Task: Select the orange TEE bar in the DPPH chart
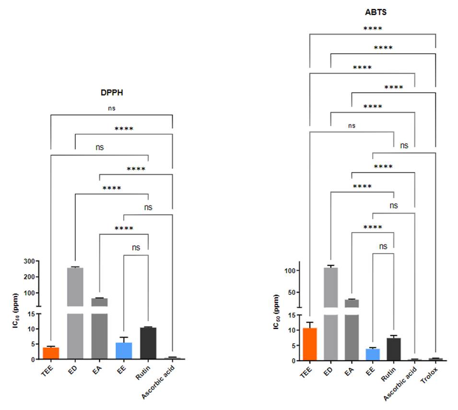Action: (x=50, y=353)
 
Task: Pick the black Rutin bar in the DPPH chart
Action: (x=148, y=343)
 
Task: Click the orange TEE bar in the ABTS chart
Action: (x=310, y=344)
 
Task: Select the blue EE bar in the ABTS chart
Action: (x=373, y=354)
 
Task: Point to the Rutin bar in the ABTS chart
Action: (x=394, y=349)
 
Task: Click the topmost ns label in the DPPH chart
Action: (x=111, y=109)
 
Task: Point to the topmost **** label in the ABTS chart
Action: (x=372, y=28)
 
